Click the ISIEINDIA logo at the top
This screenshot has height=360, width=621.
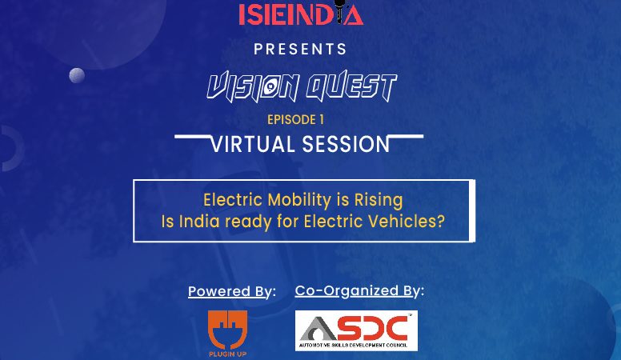pos(301,14)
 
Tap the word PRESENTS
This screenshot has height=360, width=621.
pos(300,49)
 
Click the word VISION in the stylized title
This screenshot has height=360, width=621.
pos(253,86)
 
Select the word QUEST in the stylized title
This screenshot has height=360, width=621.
pos(351,86)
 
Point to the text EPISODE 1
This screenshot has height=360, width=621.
pos(295,120)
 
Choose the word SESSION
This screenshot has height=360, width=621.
pos(347,144)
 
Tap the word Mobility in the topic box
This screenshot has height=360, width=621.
pos(299,200)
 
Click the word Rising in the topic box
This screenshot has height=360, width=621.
pos(379,200)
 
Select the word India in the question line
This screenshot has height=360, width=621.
pos(199,221)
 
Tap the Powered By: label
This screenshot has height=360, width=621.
pos(232,291)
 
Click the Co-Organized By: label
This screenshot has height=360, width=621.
pos(359,291)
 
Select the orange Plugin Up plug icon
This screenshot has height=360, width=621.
pos(228,330)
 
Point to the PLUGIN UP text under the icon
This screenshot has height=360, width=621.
pos(228,354)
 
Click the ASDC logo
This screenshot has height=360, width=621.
pos(356,330)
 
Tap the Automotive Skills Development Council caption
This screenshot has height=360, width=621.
pos(353,345)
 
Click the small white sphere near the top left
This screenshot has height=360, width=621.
pos(77,75)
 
